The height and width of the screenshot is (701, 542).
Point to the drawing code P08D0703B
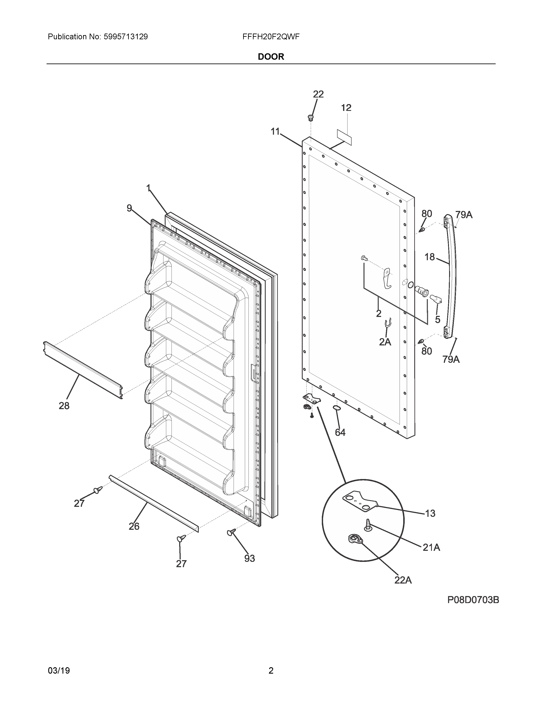tap(473, 600)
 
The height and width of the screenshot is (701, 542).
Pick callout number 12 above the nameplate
tap(346, 108)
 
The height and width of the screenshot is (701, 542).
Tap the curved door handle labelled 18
tap(451, 276)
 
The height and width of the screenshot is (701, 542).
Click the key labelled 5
tap(436, 299)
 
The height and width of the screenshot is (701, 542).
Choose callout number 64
tap(340, 432)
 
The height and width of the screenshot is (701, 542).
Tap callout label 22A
tap(403, 580)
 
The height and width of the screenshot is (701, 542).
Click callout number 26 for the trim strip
tap(134, 526)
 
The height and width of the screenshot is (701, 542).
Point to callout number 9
tap(129, 208)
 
